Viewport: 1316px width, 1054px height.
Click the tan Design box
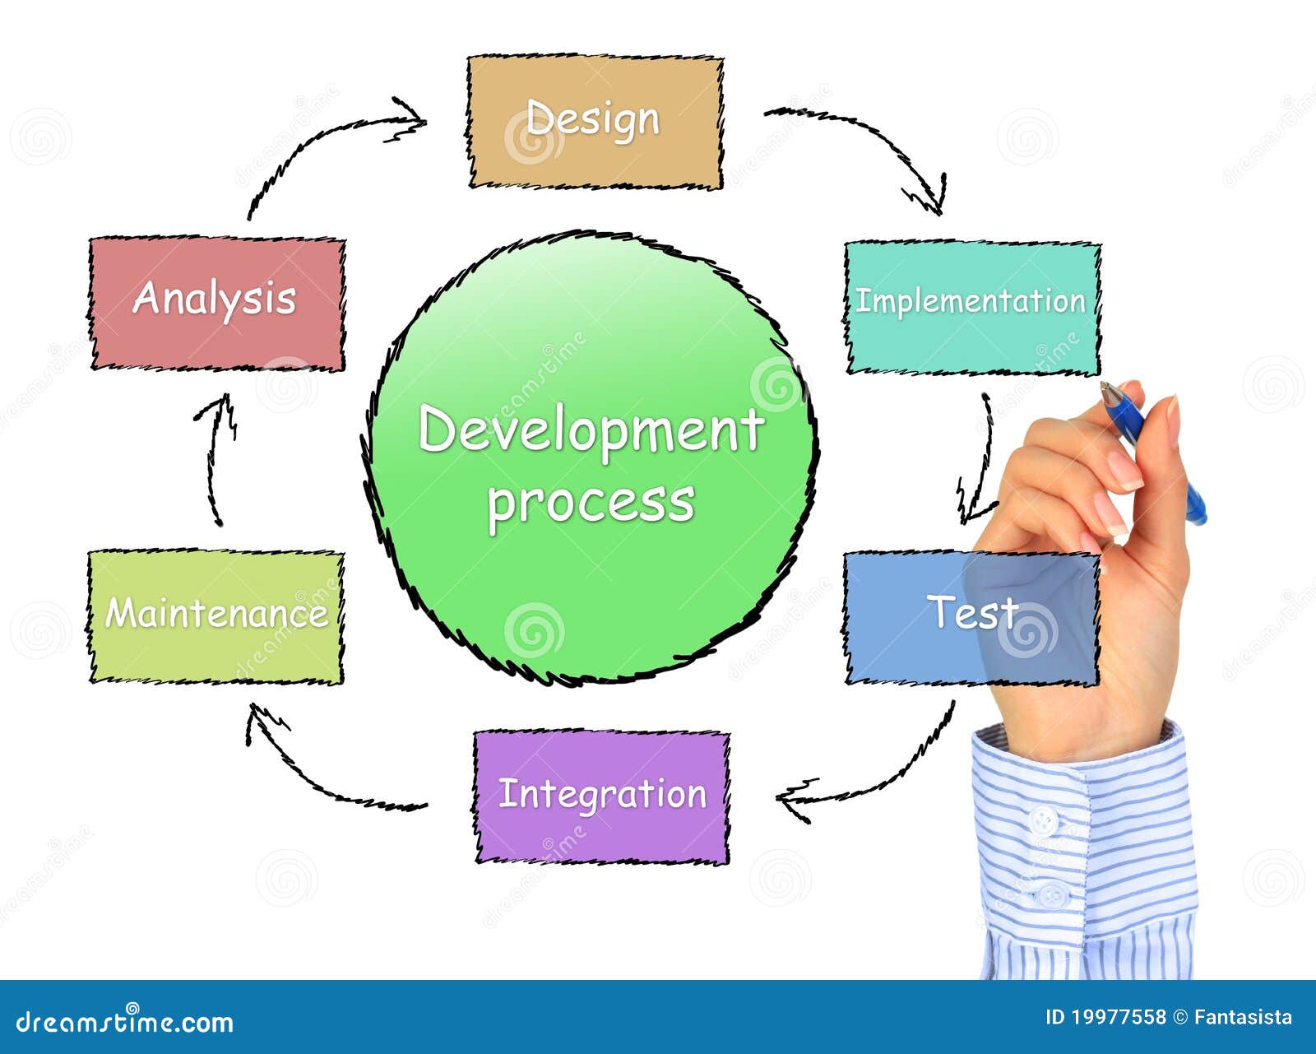pyautogui.click(x=595, y=122)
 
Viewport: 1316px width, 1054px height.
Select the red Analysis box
pyautogui.click(x=217, y=304)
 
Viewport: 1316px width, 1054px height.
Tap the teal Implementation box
pyautogui.click(x=972, y=308)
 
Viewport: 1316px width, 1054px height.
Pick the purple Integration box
pyautogui.click(x=602, y=797)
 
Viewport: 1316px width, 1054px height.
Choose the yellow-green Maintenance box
pyautogui.click(x=215, y=616)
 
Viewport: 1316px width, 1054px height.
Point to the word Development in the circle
pyautogui.click(x=591, y=430)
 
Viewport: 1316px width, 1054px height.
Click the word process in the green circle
pyautogui.click(x=591, y=503)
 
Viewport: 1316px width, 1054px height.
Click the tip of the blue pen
pyautogui.click(x=1103, y=385)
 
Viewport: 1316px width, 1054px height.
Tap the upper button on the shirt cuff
pyautogui.click(x=1042, y=817)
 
